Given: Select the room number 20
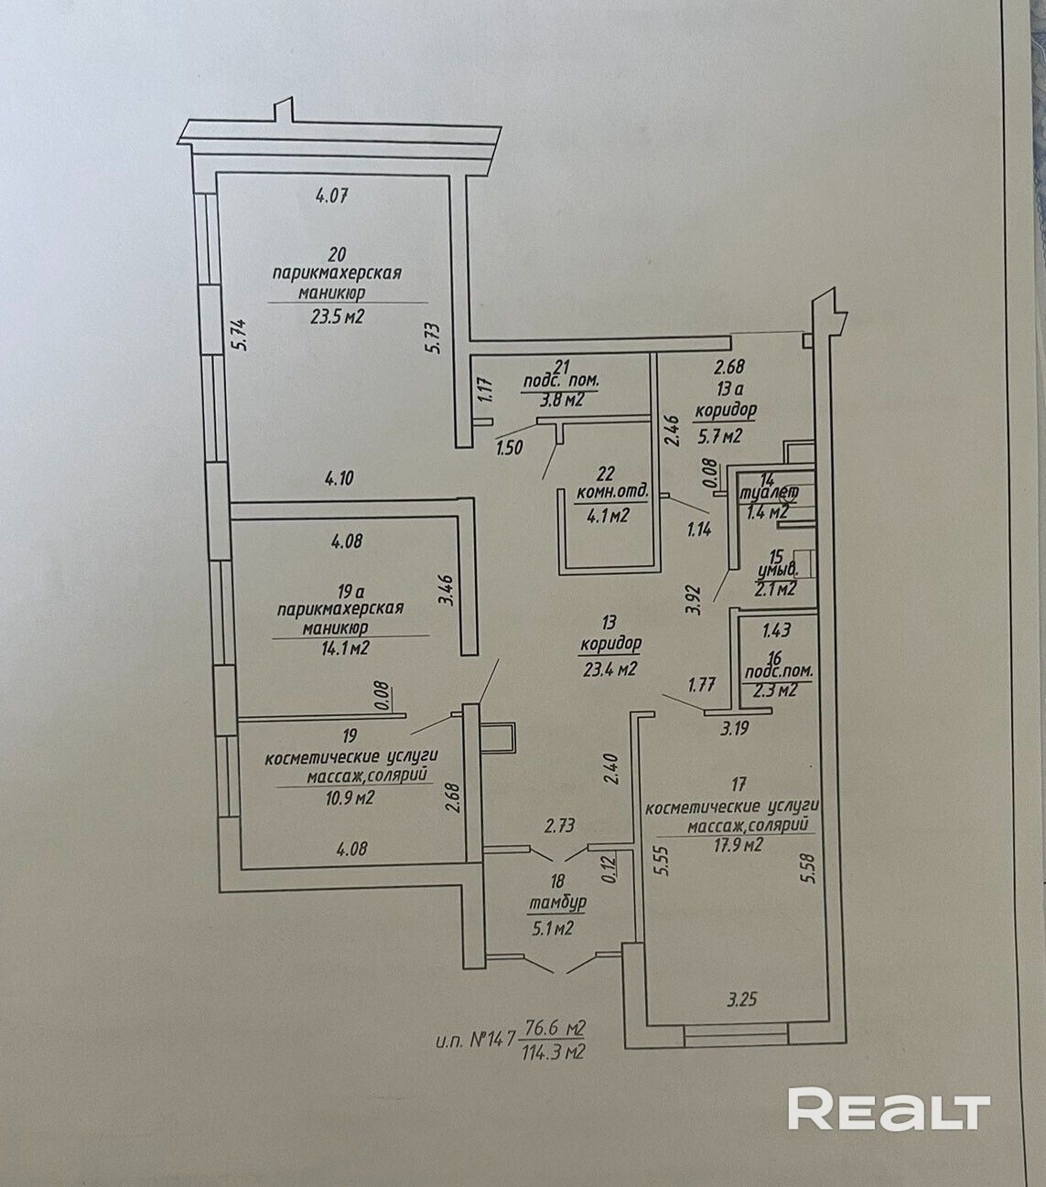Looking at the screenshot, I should click(x=338, y=253).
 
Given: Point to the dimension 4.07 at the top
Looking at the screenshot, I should click(x=333, y=194).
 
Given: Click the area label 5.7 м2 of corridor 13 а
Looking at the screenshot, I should click(x=718, y=436).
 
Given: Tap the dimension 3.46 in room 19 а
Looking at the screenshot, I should click(x=445, y=586).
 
